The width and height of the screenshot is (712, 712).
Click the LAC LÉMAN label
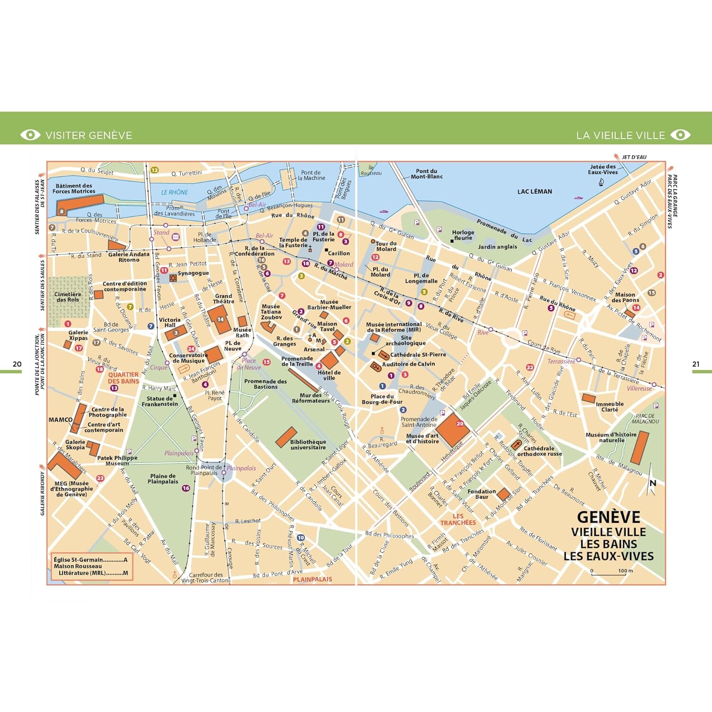534,191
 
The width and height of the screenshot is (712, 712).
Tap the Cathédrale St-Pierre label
418,355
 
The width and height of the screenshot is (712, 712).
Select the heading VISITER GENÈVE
89,135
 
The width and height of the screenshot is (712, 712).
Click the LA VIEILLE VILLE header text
620,135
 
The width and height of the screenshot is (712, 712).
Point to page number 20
17,364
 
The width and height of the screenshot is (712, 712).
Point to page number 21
695,364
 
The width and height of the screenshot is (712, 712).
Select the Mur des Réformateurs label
311,398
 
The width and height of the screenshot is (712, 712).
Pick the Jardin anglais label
497,247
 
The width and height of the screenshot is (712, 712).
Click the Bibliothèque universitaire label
308,445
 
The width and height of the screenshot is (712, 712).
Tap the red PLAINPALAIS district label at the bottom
312,579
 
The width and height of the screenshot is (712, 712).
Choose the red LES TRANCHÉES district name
458,519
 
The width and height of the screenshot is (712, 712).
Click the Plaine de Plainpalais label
163,478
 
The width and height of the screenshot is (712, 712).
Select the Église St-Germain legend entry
90,560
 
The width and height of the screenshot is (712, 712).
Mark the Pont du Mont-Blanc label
426,174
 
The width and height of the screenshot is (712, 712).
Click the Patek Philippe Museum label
117,460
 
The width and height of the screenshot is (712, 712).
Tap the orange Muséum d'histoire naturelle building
639,448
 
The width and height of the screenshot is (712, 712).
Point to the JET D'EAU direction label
634,157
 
